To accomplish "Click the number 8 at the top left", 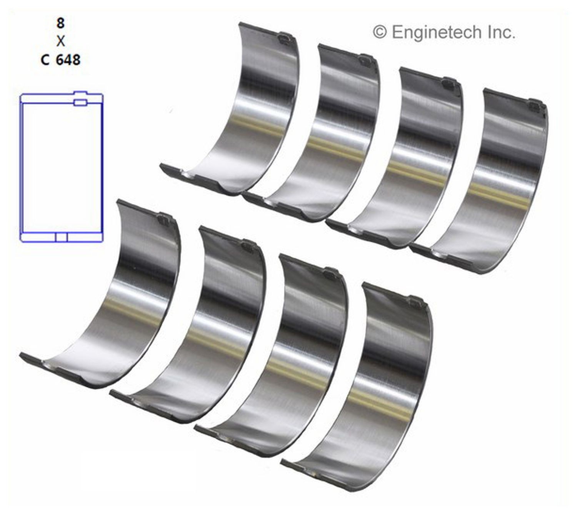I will click(x=60, y=23).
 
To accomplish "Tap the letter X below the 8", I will click(x=60, y=41).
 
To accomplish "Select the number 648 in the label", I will click(x=68, y=60).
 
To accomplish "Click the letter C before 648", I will click(x=45, y=60).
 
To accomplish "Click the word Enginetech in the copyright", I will click(x=436, y=32).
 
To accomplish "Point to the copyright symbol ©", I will click(x=379, y=32).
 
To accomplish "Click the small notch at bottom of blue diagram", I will click(x=62, y=237).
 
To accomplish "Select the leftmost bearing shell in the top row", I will click(x=246, y=115).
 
